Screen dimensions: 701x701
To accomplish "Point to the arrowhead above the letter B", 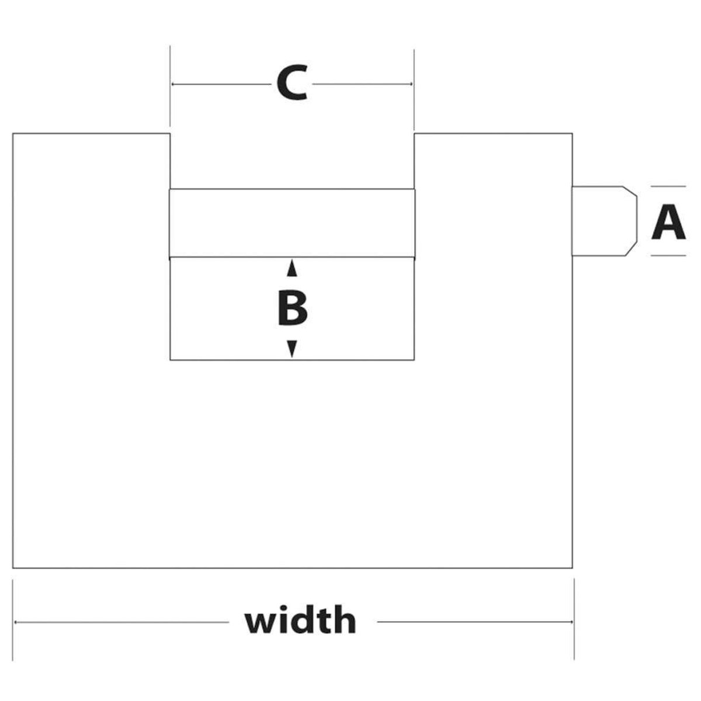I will (292, 269).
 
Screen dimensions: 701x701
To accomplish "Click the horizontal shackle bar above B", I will (292, 223).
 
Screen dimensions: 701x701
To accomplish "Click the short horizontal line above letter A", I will (668, 186).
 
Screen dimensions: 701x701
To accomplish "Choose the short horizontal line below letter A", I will (668, 255).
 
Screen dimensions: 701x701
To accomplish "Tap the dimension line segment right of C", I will (362, 84).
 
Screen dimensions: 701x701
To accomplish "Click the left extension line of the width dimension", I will (13, 619).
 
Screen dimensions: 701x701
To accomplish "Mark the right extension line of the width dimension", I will (574, 619).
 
